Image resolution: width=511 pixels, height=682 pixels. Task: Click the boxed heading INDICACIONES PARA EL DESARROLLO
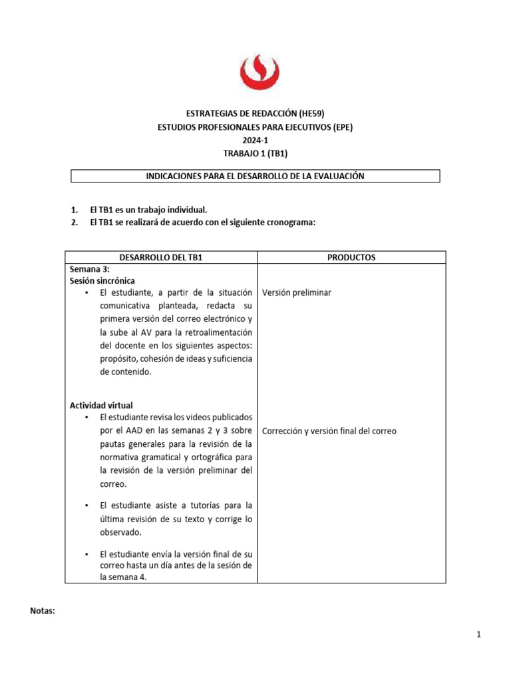[255, 176]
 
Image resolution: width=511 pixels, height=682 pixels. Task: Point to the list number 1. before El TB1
[75, 210]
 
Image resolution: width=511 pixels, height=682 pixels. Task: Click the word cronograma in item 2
[289, 223]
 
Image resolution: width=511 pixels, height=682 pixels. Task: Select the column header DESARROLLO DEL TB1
[160, 258]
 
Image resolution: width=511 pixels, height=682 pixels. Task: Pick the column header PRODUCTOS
[351, 258]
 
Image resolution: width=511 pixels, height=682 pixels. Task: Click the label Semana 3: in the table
[89, 269]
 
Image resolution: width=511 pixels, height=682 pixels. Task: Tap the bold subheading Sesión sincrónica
[102, 281]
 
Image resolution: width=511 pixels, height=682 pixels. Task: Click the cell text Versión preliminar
[297, 293]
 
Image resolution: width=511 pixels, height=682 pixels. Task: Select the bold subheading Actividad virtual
[101, 405]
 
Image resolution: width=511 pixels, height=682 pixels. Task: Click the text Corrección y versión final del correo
[329, 431]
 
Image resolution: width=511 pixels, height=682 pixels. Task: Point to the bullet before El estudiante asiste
[86, 506]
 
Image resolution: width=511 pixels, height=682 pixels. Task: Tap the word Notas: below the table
[43, 611]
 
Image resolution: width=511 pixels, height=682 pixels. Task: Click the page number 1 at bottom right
[478, 635]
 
